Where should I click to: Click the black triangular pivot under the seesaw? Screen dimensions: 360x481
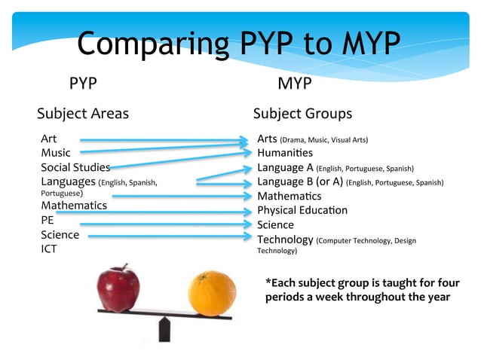[164, 330]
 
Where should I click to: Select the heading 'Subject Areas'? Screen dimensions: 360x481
[83, 114]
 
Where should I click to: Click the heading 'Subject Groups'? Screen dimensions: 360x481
[302, 114]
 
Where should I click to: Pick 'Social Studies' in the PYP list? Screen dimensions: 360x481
[75, 167]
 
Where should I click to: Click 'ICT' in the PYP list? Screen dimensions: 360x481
[50, 249]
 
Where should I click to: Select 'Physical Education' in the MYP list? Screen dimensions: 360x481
[302, 210]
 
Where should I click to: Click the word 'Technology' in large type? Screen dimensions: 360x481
[285, 239]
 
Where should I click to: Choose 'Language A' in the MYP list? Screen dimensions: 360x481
[285, 167]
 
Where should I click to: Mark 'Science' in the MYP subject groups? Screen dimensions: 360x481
[275, 224]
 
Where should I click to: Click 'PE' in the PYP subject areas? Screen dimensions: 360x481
[47, 221]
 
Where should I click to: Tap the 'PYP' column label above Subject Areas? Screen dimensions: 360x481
[83, 83]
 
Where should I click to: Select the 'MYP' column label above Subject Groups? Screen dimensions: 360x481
[295, 83]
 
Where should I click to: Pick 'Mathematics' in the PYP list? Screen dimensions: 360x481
[74, 205]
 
